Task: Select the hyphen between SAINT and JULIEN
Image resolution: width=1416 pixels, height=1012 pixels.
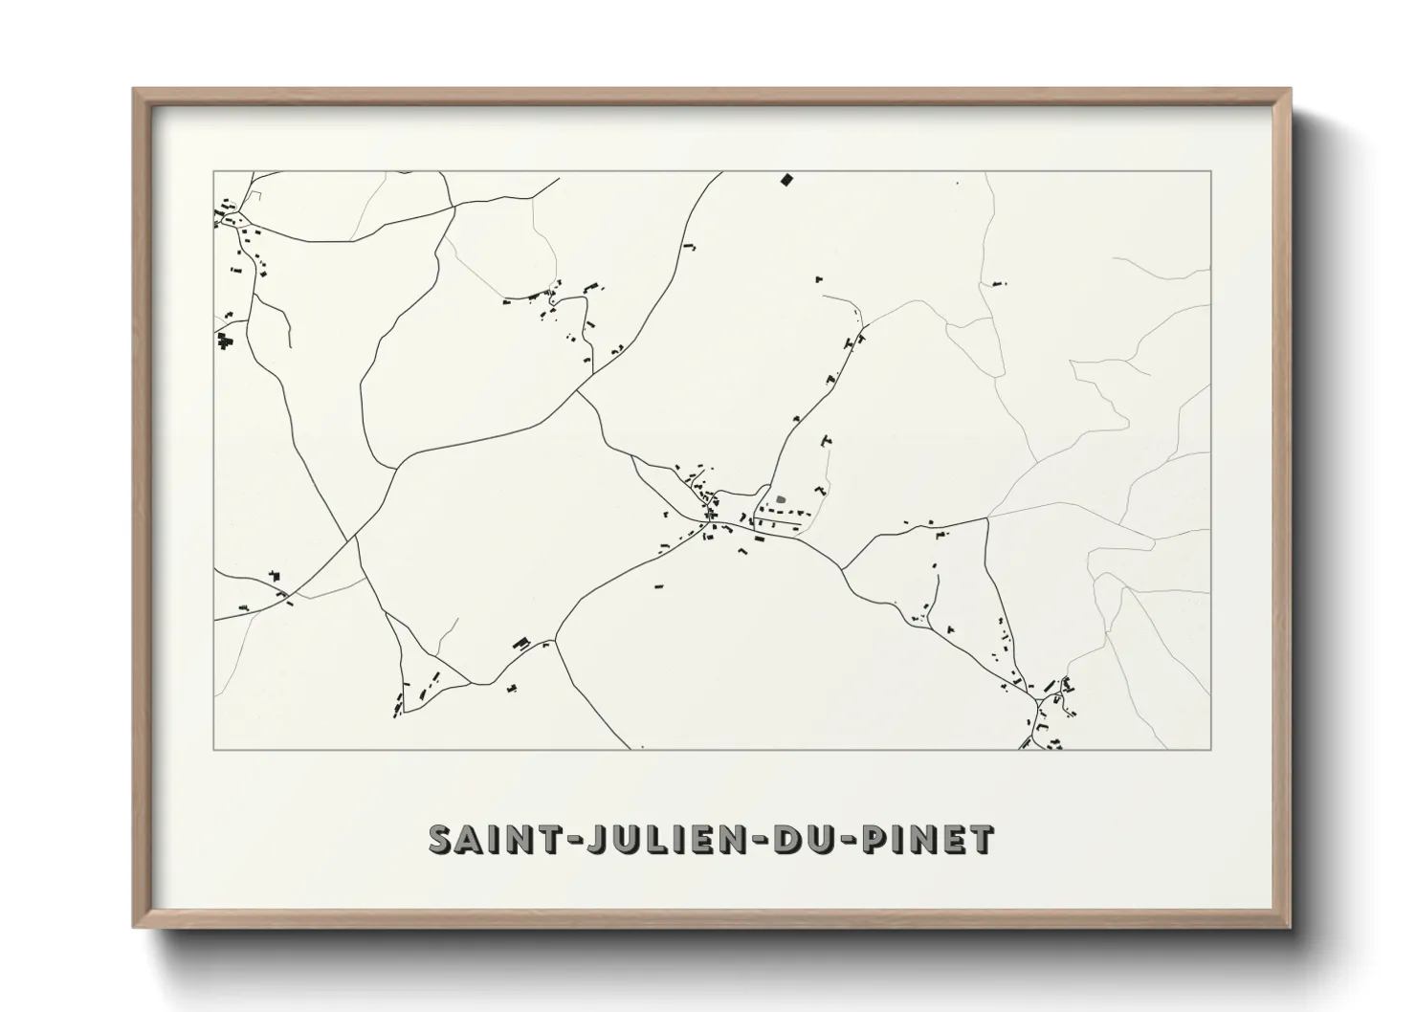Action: click(568, 841)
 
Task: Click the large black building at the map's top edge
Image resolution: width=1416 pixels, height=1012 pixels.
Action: click(787, 179)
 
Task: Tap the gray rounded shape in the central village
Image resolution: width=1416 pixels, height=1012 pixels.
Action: click(782, 498)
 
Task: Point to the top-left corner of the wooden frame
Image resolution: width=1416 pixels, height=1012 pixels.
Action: click(134, 90)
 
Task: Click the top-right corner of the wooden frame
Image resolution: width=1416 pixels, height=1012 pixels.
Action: click(1291, 90)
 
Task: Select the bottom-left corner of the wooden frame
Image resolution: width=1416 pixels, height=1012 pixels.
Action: click(134, 927)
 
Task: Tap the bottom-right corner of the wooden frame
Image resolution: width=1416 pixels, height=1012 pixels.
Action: click(1291, 927)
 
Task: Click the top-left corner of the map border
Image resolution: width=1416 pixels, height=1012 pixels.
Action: click(213, 171)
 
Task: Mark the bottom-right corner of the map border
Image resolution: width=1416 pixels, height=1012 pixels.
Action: click(1211, 749)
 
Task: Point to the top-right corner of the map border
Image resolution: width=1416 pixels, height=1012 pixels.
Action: click(1211, 171)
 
